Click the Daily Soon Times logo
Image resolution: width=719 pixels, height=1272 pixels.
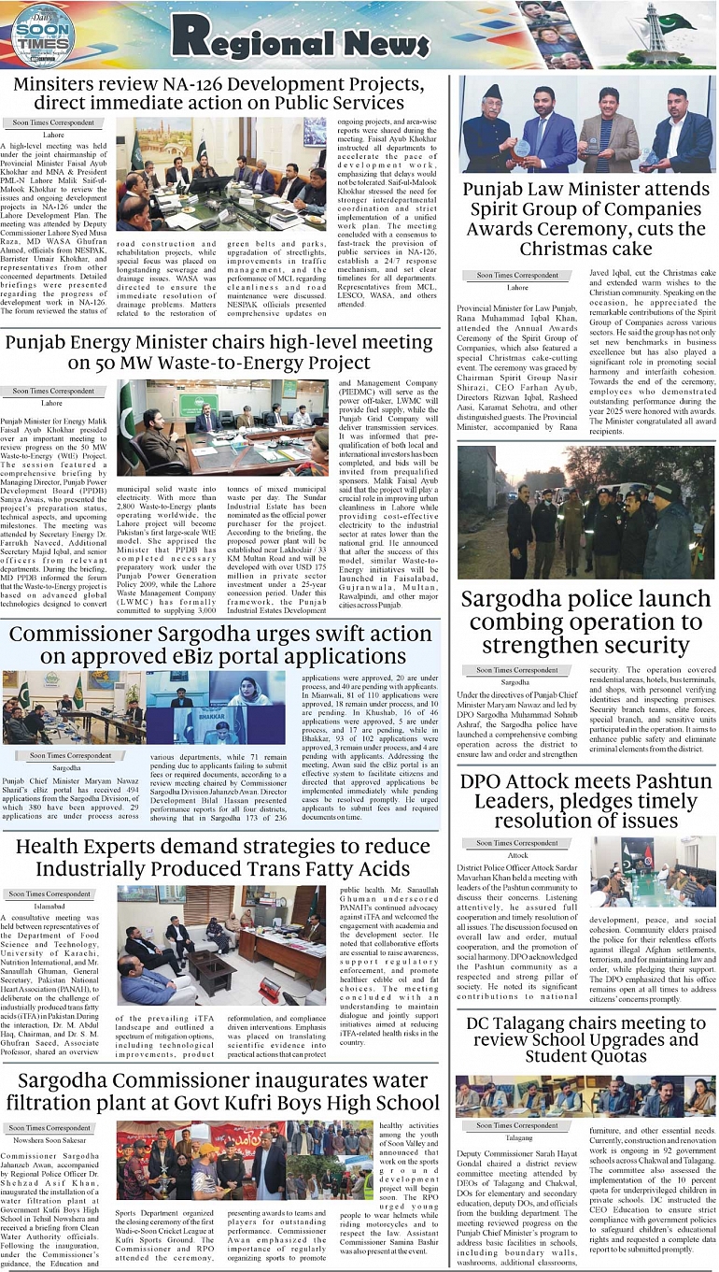click(x=39, y=35)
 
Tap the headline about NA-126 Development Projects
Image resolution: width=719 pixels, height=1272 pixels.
click(x=221, y=93)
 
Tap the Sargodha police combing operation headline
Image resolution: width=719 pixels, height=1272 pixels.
click(x=586, y=622)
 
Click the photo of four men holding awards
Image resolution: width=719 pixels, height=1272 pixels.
click(x=586, y=124)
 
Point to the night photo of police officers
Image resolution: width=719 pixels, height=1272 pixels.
click(x=586, y=511)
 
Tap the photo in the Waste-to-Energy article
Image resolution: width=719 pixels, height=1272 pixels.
click(x=224, y=425)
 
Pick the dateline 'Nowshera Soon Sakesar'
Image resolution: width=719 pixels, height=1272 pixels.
click(x=52, y=1141)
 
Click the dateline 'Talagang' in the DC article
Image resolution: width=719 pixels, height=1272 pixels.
click(x=519, y=1138)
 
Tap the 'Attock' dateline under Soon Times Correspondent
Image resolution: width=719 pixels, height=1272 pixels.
click(x=517, y=855)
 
